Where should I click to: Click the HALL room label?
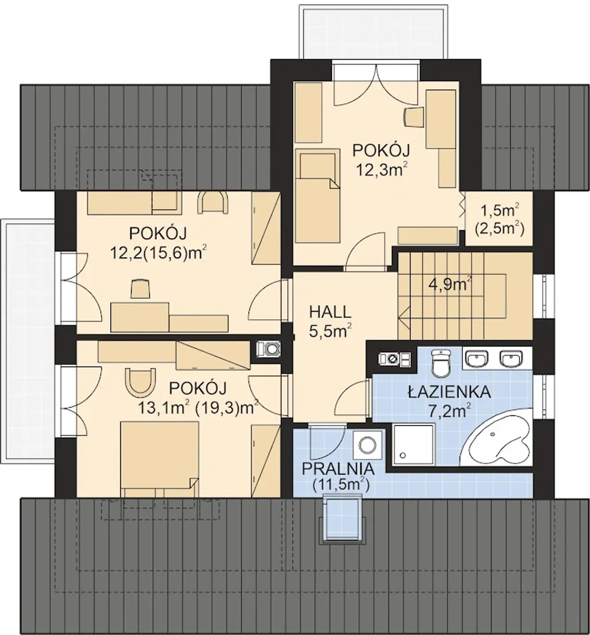(330, 312)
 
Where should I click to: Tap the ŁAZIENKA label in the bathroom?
(449, 392)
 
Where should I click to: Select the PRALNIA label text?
(338, 469)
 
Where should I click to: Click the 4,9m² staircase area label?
(451, 284)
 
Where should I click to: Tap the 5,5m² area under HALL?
(330, 331)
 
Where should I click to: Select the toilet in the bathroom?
(441, 362)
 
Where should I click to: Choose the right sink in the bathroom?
(512, 358)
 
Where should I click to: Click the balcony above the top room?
(373, 32)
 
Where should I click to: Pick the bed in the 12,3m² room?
(317, 196)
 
